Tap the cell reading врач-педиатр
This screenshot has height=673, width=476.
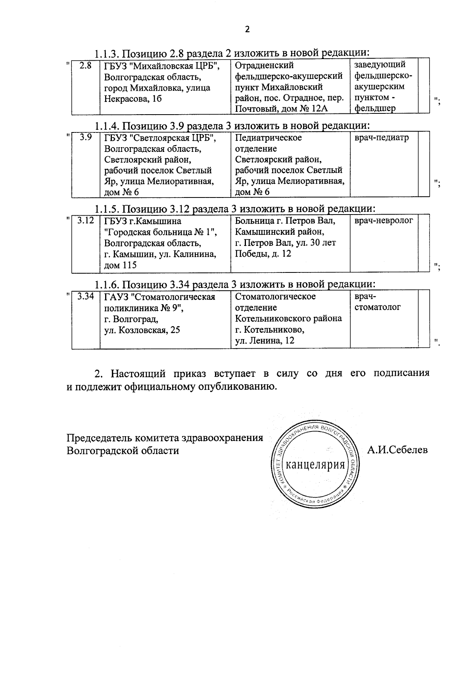click(x=381, y=138)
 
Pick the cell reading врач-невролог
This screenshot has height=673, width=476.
click(x=384, y=220)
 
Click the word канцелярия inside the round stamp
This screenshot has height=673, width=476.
click(x=315, y=464)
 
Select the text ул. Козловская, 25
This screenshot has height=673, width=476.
click(x=142, y=330)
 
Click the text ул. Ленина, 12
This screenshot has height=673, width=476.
click(x=265, y=340)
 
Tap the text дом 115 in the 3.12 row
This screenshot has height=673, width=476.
click(x=120, y=265)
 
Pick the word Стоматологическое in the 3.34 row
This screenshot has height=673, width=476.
click(x=275, y=297)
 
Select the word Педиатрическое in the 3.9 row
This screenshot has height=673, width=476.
click(x=268, y=138)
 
